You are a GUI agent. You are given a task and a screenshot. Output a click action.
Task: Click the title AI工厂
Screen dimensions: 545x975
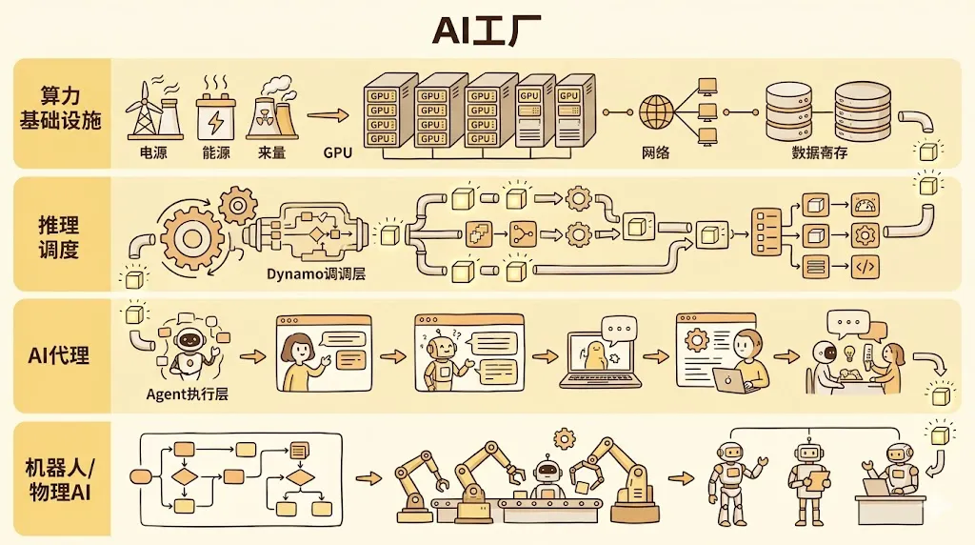coord(487,30)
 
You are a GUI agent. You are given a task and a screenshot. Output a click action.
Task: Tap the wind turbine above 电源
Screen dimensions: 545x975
coord(145,109)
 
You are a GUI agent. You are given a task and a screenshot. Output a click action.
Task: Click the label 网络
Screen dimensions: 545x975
coord(656,152)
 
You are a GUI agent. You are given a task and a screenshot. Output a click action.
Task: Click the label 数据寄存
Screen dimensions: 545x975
coord(820,152)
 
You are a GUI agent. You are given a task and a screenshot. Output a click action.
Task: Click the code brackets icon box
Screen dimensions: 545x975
coord(866,267)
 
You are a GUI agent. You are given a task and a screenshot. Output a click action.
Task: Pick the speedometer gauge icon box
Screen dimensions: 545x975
coord(866,204)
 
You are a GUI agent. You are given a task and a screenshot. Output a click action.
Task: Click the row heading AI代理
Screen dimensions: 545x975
coord(59,355)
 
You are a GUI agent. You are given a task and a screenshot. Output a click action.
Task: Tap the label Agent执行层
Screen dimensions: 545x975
coord(188,394)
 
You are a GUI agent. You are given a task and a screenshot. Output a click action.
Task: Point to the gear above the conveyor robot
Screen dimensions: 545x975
coord(565,438)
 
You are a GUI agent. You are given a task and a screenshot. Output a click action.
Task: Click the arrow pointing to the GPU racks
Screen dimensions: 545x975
coord(327,117)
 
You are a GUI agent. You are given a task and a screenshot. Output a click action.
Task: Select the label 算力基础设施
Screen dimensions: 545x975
coord(59,110)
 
